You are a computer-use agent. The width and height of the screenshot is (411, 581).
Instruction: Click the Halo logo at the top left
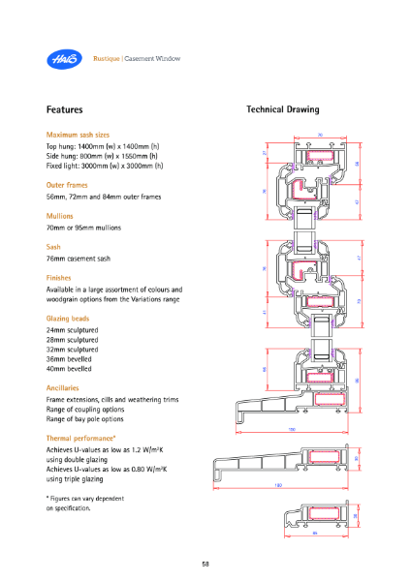pyautogui.click(x=61, y=59)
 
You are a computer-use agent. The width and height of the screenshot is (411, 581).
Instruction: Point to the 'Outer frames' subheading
pyautogui.click(x=69, y=184)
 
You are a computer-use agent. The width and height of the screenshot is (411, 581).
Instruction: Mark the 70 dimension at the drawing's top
pyautogui.click(x=320, y=134)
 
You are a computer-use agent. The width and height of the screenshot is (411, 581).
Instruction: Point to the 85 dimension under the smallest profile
pyautogui.click(x=314, y=532)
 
